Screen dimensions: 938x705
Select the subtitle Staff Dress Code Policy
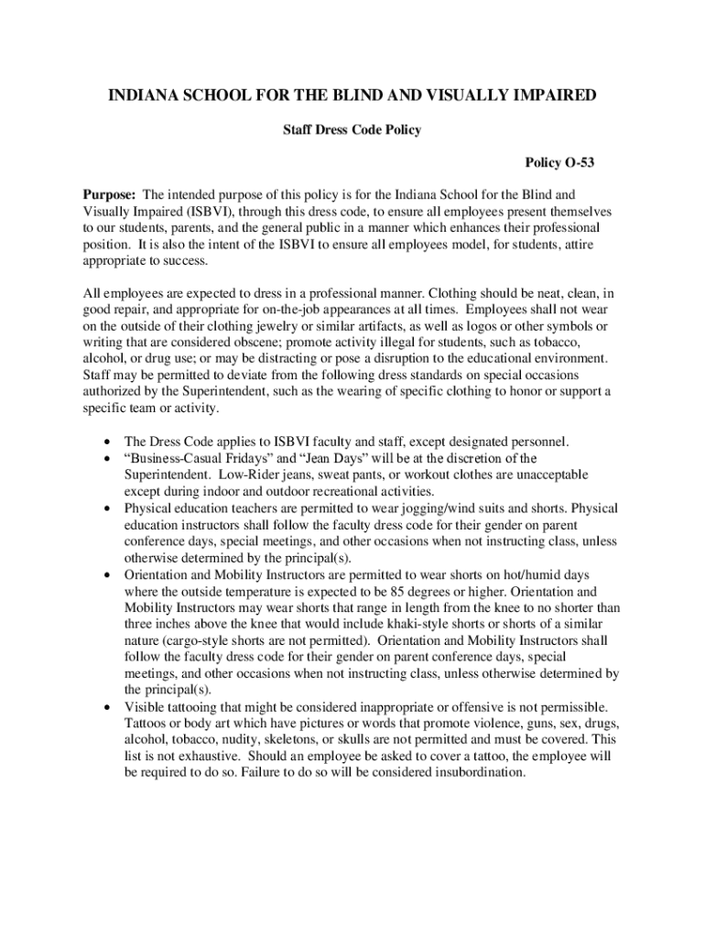tap(352, 130)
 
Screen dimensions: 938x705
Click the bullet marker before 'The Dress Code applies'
tap(110, 442)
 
